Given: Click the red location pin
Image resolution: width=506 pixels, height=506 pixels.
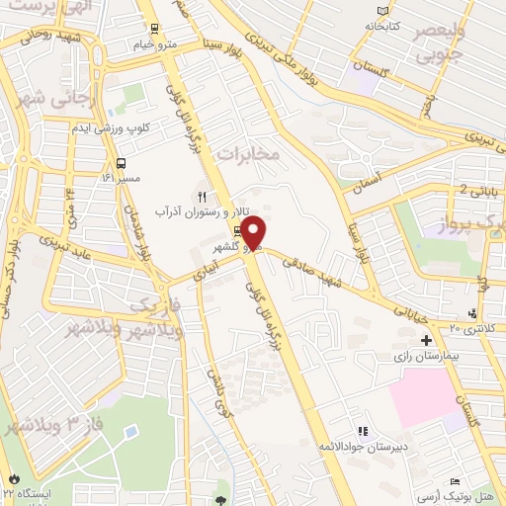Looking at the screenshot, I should click(254, 232).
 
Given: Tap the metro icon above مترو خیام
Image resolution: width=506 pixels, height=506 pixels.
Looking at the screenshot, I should click(153, 29).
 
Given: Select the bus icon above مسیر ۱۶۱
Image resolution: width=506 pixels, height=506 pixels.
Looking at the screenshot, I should click(121, 164).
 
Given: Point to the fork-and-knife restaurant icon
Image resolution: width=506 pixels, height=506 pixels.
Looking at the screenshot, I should click(202, 196).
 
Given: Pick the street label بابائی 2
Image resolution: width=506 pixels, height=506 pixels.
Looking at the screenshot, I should click(478, 190).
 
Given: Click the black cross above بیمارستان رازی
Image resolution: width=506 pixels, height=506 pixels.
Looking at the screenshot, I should click(426, 340).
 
